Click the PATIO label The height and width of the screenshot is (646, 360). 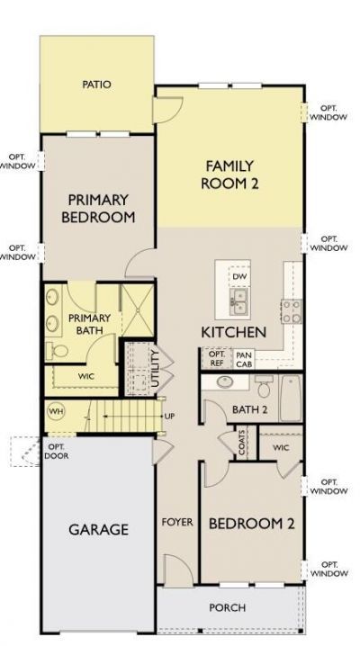tap(96, 85)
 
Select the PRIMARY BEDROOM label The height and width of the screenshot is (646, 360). tap(98, 208)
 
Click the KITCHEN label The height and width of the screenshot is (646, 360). tap(233, 331)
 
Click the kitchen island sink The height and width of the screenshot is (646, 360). tap(239, 305)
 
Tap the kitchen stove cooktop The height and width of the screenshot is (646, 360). tap(292, 311)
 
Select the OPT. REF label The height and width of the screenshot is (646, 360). tap(217, 359)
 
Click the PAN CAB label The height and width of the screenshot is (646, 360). tap(243, 359)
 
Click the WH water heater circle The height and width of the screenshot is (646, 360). tap(56, 411)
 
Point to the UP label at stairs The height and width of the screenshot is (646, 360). tap(169, 417)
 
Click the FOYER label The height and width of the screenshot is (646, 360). tap(176, 522)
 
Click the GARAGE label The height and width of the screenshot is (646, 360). tap(99, 530)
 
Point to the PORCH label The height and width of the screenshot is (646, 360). tap(227, 608)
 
